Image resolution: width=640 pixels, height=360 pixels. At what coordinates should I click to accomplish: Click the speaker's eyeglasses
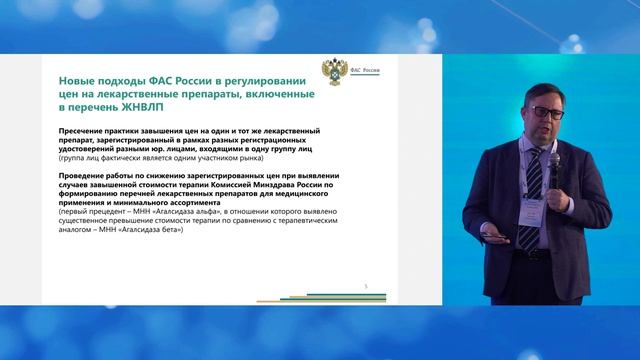coord(536,110)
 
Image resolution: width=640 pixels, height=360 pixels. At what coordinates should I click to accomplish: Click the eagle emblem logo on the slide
coord(335,73)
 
